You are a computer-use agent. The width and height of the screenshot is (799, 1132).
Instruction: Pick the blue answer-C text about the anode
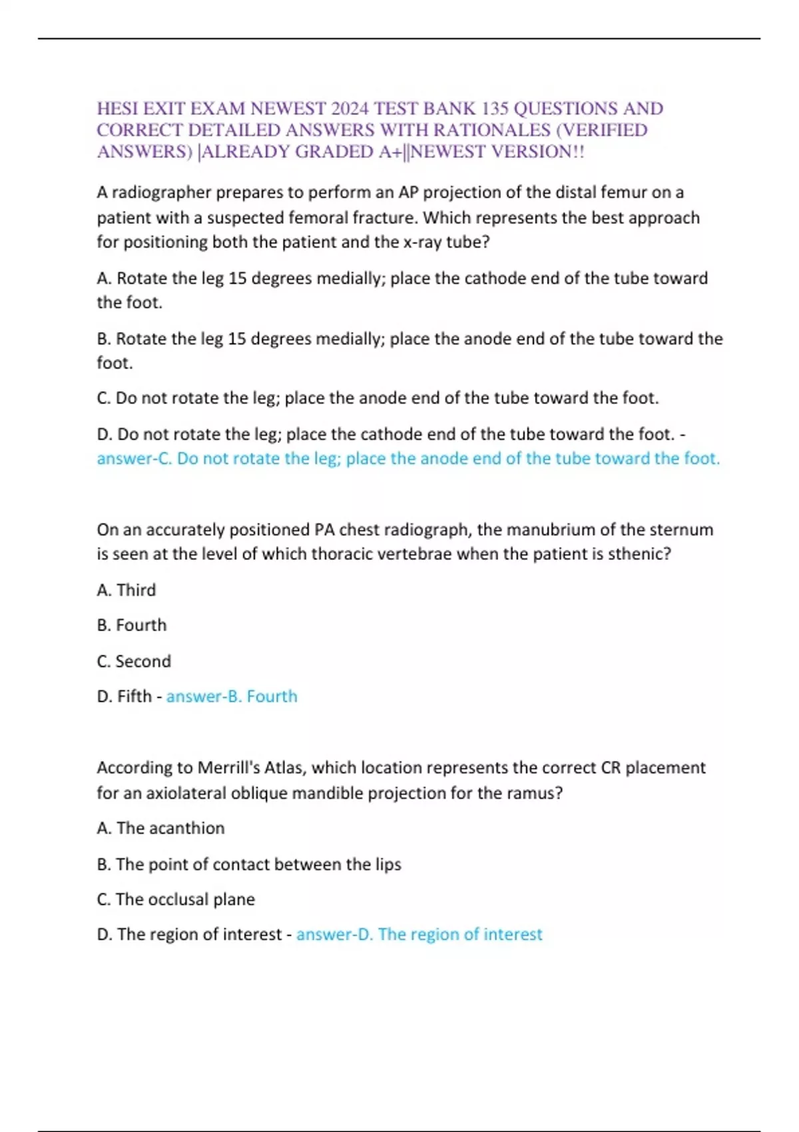(x=408, y=459)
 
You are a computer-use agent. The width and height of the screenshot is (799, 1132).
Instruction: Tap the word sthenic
(x=635, y=554)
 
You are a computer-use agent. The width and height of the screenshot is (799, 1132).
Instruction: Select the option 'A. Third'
(x=127, y=590)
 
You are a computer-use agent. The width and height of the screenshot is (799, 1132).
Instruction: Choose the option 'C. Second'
(x=134, y=661)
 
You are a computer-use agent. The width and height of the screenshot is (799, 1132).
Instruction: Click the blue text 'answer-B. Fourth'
(x=232, y=697)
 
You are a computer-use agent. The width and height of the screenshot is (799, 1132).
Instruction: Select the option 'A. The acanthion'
(x=160, y=828)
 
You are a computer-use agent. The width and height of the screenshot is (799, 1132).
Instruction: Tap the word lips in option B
(x=388, y=864)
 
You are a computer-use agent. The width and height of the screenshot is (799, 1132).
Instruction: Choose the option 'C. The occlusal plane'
(x=176, y=900)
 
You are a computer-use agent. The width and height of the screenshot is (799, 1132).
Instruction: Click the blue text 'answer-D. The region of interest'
(x=419, y=935)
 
